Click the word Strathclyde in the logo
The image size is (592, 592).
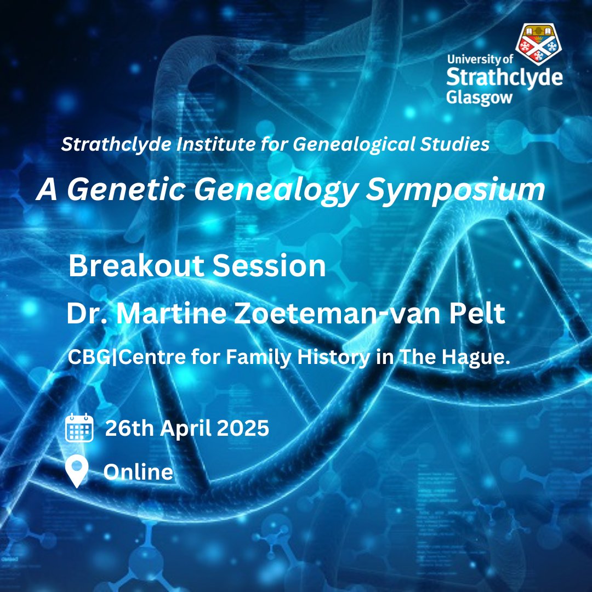tap(504, 78)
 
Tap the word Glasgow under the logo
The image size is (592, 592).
tap(479, 97)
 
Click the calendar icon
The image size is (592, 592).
tap(79, 428)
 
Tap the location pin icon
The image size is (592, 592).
tap(77, 471)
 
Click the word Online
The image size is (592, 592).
tap(138, 472)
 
